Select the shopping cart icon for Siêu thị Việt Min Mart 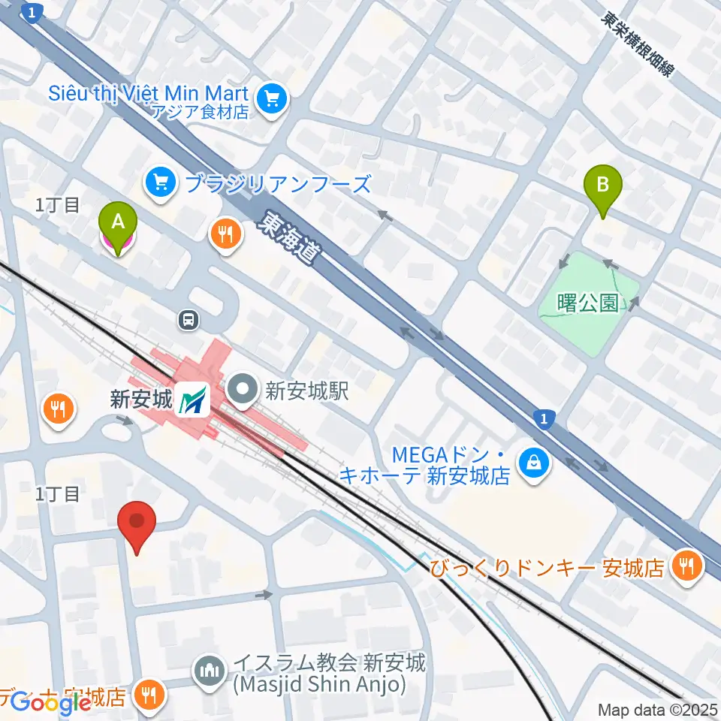[271, 98]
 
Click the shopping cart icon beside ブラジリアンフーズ [160, 183]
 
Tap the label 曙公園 [589, 303]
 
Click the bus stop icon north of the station [188, 321]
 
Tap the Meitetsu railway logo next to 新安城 [193, 399]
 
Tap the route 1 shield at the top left [30, 13]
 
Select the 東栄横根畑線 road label [638, 43]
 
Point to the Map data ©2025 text [658, 709]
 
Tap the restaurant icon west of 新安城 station [59, 409]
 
